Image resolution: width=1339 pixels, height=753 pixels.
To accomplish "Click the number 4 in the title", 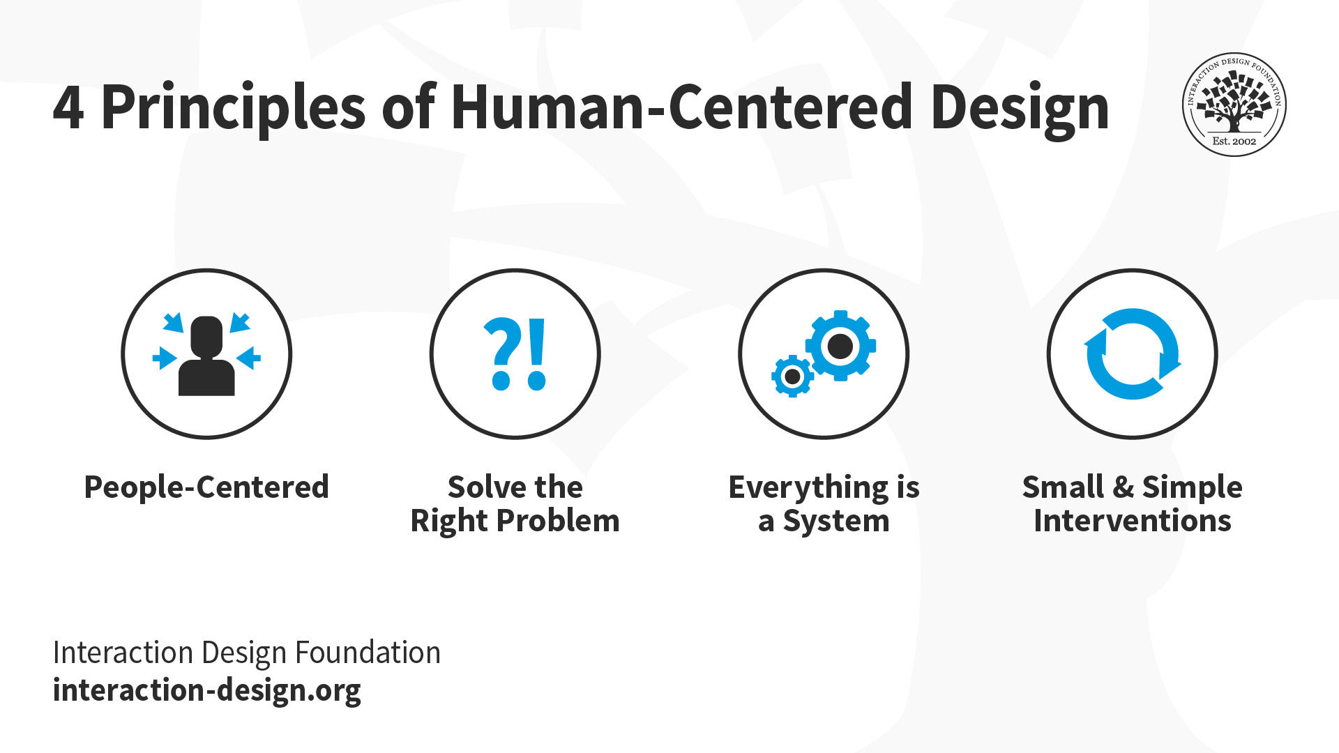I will click(68, 108).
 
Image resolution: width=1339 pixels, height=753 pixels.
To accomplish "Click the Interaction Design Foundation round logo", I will click(1234, 105).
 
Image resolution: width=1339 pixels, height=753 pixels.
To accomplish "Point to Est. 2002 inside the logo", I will click(1234, 141).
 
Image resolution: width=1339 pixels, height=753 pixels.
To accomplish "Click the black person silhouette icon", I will click(206, 356).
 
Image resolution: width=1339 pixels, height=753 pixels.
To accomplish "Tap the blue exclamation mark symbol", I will click(537, 353).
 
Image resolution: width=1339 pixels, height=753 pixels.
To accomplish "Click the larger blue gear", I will click(840, 346).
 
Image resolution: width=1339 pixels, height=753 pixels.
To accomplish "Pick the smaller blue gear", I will click(792, 376).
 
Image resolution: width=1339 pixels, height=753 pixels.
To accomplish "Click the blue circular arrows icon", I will click(1132, 353).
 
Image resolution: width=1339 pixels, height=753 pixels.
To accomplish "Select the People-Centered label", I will click(206, 487).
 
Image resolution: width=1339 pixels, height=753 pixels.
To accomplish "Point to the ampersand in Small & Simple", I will click(1123, 487).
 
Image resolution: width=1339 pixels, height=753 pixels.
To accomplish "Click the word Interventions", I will click(1132, 521).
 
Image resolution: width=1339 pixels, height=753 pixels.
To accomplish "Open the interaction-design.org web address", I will click(207, 690).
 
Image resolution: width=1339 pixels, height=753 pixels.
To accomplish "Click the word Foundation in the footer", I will click(368, 653).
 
